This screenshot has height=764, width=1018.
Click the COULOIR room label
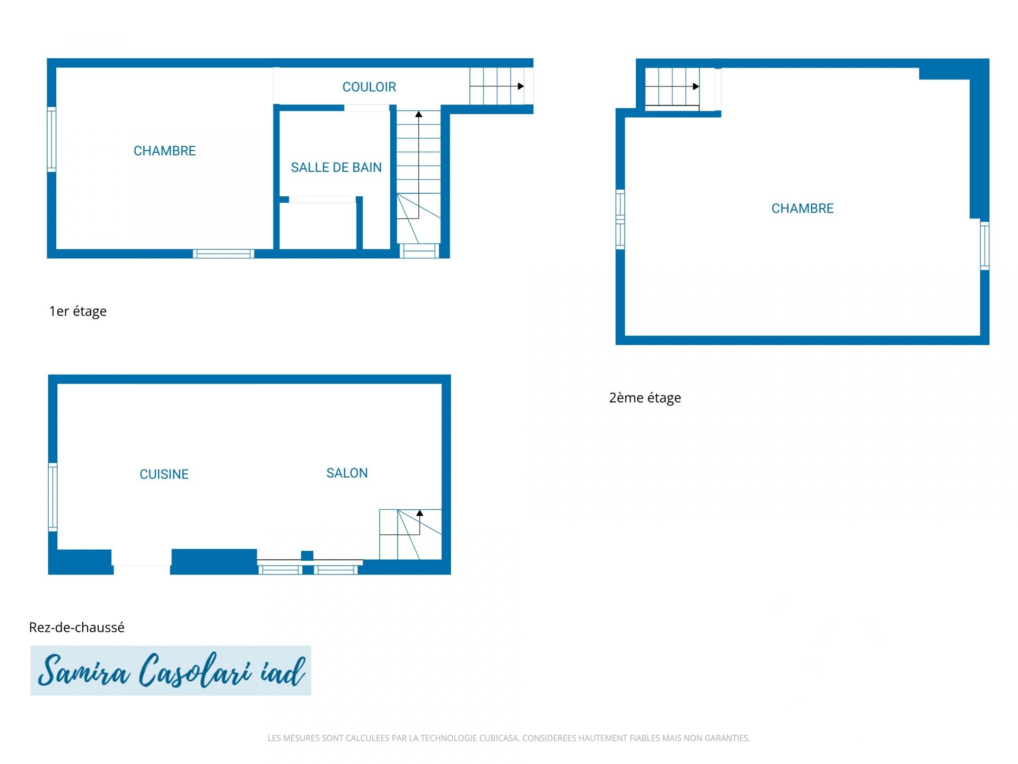(369, 87)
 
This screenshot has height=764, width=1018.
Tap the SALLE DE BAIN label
(336, 168)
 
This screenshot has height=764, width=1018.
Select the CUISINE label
(164, 474)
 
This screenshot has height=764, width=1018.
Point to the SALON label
(347, 473)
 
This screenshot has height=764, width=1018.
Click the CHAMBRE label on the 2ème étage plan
(802, 209)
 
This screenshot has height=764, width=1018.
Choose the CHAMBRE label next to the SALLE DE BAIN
(164, 151)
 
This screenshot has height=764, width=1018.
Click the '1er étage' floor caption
(78, 311)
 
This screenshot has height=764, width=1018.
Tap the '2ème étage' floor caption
(645, 398)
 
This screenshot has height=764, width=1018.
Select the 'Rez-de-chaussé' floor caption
(77, 627)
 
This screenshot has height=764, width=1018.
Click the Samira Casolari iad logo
(171, 671)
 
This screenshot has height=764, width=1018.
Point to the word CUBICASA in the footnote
(499, 738)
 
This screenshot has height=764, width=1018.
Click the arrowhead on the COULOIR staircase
(521, 86)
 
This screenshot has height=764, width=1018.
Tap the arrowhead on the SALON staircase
(419, 513)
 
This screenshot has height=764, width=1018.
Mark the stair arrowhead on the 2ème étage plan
(696, 86)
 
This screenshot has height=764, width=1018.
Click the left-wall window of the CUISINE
(52, 497)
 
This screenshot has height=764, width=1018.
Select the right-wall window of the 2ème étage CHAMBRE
(985, 245)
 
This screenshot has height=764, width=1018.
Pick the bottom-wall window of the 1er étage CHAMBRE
(223, 254)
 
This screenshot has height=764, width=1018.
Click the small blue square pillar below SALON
(307, 555)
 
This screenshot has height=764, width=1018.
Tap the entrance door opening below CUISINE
(142, 561)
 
